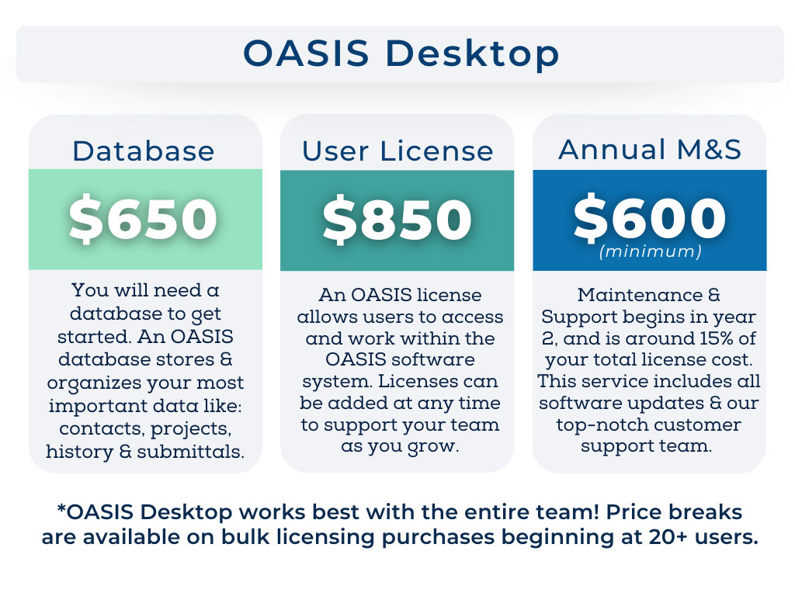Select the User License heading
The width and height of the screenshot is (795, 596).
click(x=397, y=151)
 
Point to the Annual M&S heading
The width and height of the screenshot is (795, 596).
click(x=650, y=149)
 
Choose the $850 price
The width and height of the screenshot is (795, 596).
click(x=397, y=219)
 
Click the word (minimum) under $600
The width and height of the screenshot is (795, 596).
click(x=650, y=251)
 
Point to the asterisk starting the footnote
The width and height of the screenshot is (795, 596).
click(x=61, y=511)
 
